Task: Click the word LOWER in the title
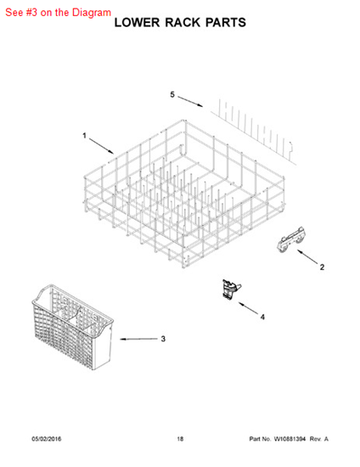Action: (x=138, y=23)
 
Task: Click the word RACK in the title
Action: (x=183, y=23)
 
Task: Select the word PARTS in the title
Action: (x=226, y=23)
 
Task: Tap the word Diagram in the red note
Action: (x=92, y=12)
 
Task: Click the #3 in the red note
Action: (x=31, y=12)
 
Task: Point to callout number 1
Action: (x=84, y=136)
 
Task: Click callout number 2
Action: (x=322, y=267)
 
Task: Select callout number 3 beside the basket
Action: (x=163, y=339)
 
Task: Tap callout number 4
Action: (x=262, y=318)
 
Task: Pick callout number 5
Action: (x=172, y=94)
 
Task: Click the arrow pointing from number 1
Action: (x=101, y=146)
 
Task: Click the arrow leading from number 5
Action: (x=190, y=102)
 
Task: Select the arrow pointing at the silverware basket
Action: (x=138, y=339)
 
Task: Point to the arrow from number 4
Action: (x=248, y=308)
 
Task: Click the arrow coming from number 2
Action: (x=307, y=256)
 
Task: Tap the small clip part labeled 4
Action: (x=231, y=290)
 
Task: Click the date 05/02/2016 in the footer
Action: (x=47, y=439)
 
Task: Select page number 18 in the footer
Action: (x=180, y=439)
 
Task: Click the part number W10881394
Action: (x=290, y=439)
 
